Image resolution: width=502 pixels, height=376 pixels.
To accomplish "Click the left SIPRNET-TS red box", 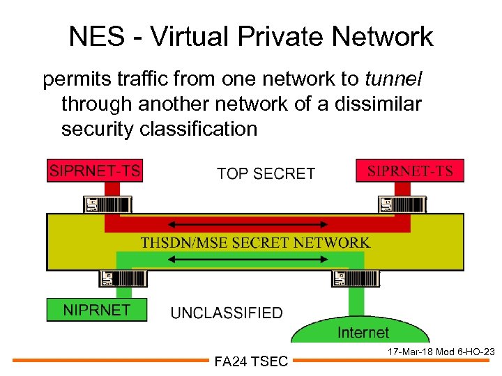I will (94, 171).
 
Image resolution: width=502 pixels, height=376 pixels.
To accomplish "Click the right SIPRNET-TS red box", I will (410, 171).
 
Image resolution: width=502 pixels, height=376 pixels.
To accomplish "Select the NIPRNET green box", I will (97, 310).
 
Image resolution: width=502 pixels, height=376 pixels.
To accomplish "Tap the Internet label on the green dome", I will (363, 332).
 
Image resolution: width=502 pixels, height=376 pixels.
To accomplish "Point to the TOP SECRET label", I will (266, 173).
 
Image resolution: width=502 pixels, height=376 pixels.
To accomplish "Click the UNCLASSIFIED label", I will (227, 313).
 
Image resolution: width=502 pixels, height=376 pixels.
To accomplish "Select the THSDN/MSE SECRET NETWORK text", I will (255, 242).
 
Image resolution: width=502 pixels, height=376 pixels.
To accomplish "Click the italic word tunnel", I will (395, 79).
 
